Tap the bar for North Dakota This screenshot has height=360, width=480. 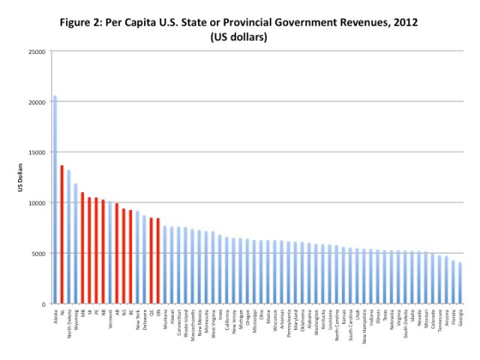tap(68, 237)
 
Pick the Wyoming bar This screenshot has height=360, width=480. tap(75, 243)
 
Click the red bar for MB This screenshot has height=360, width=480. tap(82, 247)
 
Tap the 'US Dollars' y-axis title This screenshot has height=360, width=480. tap(21, 177)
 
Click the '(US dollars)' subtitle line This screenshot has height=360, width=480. tap(238, 36)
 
